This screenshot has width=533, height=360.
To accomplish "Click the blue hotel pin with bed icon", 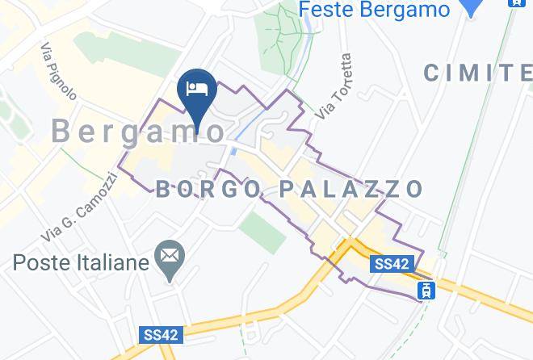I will pyautogui.click(x=198, y=90).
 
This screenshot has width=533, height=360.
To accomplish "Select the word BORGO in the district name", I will pyautogui.click(x=206, y=190).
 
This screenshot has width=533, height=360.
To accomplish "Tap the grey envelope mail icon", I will pyautogui.click(x=170, y=257).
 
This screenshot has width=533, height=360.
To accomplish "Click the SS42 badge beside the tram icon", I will pyautogui.click(x=392, y=264).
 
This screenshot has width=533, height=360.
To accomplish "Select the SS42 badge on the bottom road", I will pyautogui.click(x=160, y=334).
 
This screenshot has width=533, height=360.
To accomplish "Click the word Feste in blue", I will pyautogui.click(x=332, y=10).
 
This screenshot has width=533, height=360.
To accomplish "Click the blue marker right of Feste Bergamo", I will pyautogui.click(x=470, y=8).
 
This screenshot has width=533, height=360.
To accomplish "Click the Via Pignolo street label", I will pyautogui.click(x=58, y=71).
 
